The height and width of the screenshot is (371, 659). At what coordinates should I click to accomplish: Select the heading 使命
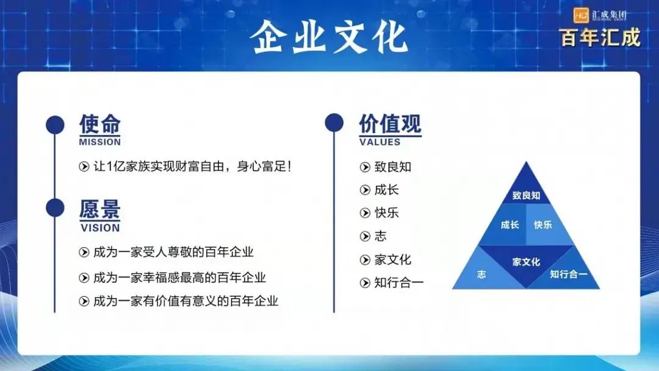pyautogui.click(x=99, y=124)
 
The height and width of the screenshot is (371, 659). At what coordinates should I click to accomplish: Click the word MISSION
pyautogui.click(x=99, y=142)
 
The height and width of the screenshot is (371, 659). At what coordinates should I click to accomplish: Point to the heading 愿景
pyautogui.click(x=99, y=209)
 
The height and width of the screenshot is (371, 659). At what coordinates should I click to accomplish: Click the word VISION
pyautogui.click(x=99, y=228)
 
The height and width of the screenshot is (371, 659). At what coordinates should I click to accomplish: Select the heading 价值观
pyautogui.click(x=390, y=124)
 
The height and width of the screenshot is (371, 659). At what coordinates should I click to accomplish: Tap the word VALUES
pyautogui.click(x=380, y=142)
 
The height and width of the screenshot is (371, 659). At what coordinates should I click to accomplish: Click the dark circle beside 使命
pyautogui.click(x=56, y=124)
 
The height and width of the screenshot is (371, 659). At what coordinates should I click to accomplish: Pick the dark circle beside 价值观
pyautogui.click(x=334, y=123)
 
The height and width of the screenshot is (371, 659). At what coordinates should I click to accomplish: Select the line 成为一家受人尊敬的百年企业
pyautogui.click(x=173, y=251)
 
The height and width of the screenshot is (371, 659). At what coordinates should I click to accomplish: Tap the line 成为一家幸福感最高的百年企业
pyautogui.click(x=179, y=278)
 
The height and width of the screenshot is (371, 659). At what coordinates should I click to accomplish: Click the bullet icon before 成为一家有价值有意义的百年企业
pyautogui.click(x=84, y=301)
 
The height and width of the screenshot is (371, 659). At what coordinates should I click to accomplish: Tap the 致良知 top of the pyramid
pyautogui.click(x=526, y=195)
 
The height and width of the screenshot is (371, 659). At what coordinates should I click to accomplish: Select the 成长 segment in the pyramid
pyautogui.click(x=510, y=225)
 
